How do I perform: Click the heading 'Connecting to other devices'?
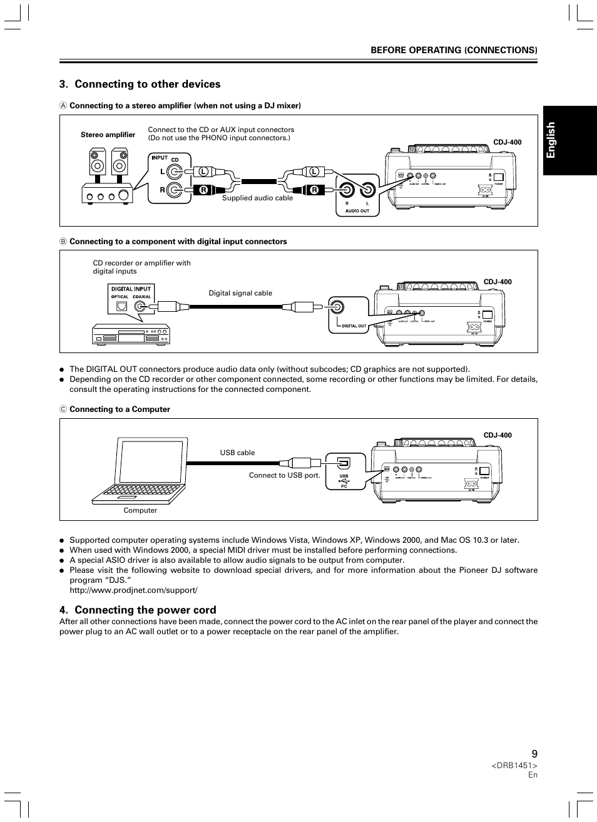coord(148,85)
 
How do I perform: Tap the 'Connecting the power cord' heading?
coord(145,610)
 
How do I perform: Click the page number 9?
coord(534,754)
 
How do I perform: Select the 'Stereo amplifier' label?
coord(108,135)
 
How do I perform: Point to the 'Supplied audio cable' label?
coord(257,198)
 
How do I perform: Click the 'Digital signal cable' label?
coord(240,293)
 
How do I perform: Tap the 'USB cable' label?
coord(237,453)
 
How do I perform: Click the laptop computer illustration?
coord(140,470)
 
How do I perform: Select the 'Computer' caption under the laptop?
coord(140,510)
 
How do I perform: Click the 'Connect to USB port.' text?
coord(284,475)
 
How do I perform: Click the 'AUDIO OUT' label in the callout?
coord(357,211)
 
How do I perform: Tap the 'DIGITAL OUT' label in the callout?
coord(354,326)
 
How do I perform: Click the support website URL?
coord(133,590)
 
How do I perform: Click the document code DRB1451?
coord(514,766)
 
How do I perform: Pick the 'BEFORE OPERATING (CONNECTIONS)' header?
coord(454,49)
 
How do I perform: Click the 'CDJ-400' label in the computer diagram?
coord(497,435)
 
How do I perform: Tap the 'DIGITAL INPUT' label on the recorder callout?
coord(131,289)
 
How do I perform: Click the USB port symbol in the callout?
coord(344,464)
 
